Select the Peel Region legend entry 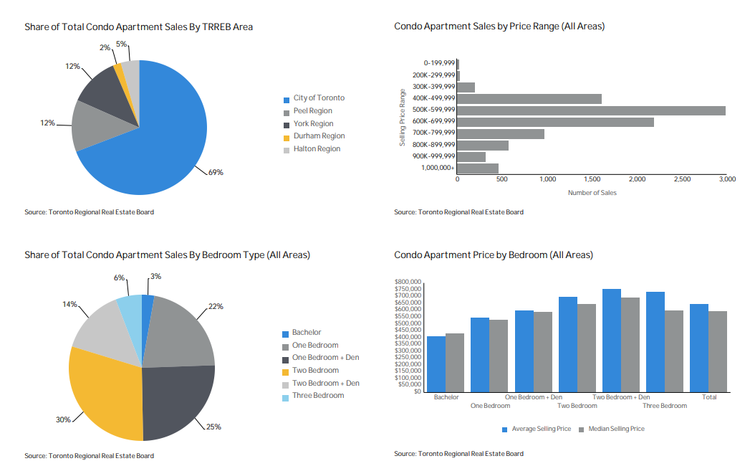[x=312, y=111]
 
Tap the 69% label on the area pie [x=216, y=172]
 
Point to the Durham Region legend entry [x=319, y=136]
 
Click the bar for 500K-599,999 [x=591, y=110]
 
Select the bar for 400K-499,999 [x=529, y=99]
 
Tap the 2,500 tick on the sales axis [x=682, y=179]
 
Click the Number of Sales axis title [x=592, y=193]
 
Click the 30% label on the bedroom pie [x=63, y=419]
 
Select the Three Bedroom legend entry [x=318, y=396]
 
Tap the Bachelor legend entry [x=307, y=333]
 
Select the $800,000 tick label [x=408, y=282]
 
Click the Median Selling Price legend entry [x=616, y=429]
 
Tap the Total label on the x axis [x=709, y=397]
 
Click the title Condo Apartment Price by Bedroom [x=494, y=255]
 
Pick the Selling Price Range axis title [x=403, y=118]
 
